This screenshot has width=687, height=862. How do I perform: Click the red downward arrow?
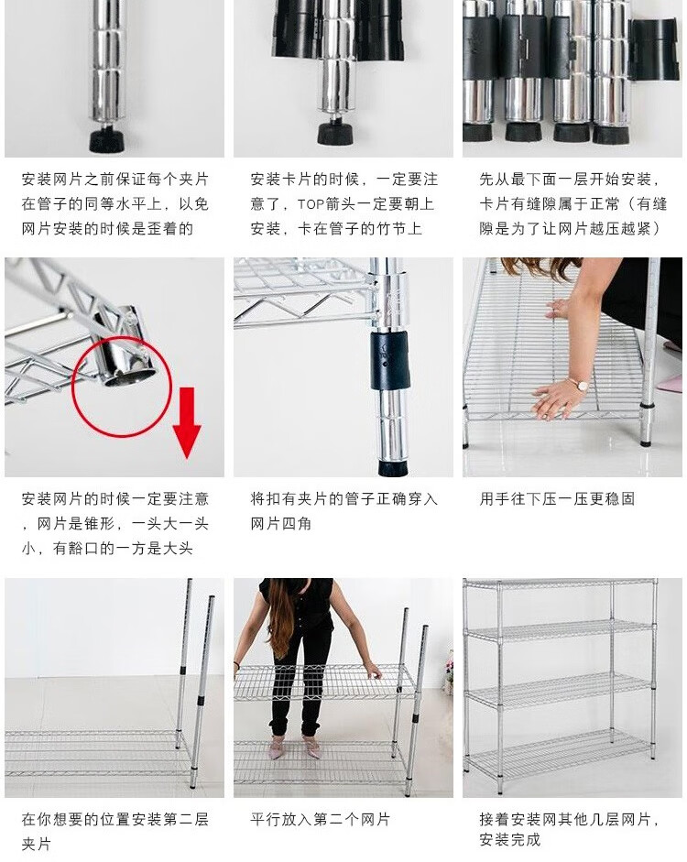coord(187,421)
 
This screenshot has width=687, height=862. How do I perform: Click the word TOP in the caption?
coord(311,204)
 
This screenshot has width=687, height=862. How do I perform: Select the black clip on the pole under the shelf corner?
coord(390,360)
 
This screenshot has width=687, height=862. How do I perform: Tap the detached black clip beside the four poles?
coord(654,49)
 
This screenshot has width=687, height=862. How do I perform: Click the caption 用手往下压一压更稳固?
coord(557,499)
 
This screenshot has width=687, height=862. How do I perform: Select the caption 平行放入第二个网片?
coord(321,820)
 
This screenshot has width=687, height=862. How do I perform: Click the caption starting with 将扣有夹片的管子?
coord(344,511)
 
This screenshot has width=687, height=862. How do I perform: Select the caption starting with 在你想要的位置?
coord(115,831)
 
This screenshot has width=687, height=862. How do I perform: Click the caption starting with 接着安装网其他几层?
coord(570,830)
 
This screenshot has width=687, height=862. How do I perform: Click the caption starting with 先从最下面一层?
coord(573,204)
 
